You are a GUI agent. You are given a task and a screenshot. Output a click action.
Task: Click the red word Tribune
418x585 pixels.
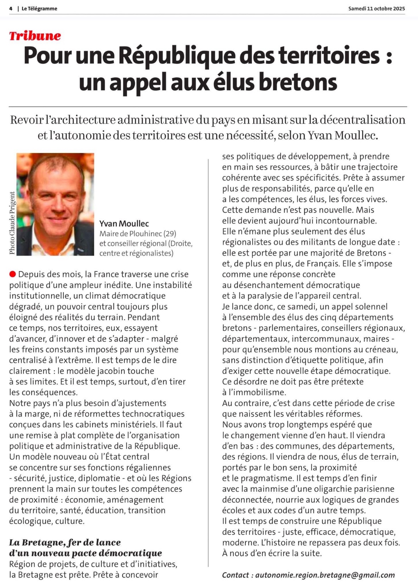[35, 36]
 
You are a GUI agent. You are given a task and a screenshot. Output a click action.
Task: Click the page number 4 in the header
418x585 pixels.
[11, 9]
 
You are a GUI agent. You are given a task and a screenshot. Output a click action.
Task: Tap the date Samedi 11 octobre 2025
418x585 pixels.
[376, 9]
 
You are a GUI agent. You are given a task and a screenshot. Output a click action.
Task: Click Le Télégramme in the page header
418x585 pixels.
[39, 9]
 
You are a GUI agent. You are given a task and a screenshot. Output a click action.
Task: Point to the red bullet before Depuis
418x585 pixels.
[13, 274]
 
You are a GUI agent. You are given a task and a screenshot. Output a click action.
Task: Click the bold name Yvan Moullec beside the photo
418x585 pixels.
[124, 224]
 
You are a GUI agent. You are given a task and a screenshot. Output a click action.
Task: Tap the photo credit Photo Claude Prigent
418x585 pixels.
[12, 223]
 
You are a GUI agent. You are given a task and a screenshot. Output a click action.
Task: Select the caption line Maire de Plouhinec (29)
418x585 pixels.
[138, 234]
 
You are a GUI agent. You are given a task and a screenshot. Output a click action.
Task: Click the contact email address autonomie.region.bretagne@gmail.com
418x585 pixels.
[325, 575]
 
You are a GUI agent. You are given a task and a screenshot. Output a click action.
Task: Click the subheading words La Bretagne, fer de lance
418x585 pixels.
[65, 542]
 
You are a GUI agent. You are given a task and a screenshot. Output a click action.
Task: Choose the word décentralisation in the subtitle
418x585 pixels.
[362, 120]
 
